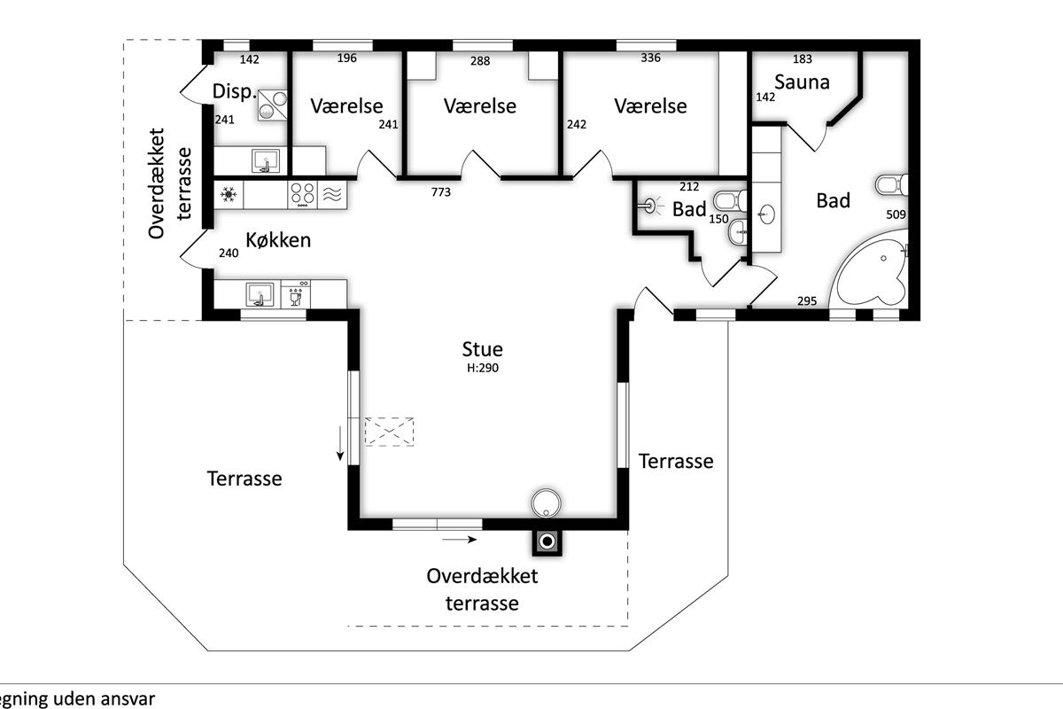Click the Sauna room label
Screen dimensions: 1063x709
[x=802, y=82]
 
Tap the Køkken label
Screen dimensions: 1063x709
[x=278, y=240]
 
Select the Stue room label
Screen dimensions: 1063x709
[x=482, y=349]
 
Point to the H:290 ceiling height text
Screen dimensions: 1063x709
[x=483, y=368]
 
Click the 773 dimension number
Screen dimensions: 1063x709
[x=441, y=191]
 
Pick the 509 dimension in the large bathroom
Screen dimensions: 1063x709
[x=896, y=214]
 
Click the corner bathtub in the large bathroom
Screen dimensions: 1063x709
[x=870, y=271]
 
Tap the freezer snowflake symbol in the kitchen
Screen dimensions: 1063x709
[x=229, y=194]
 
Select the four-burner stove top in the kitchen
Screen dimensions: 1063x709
[x=302, y=195]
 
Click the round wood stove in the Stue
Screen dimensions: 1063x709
[x=546, y=503]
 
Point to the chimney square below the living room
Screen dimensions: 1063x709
[x=547, y=541]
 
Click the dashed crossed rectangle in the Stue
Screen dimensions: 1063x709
[x=389, y=432]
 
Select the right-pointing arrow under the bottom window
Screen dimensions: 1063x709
[x=460, y=540]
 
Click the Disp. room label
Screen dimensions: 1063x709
[x=235, y=91]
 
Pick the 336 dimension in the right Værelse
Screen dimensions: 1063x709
[x=650, y=58]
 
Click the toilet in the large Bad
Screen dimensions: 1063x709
[x=892, y=184]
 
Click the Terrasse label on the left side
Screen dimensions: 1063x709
[x=244, y=479]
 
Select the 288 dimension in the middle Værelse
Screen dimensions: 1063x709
[x=480, y=61]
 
